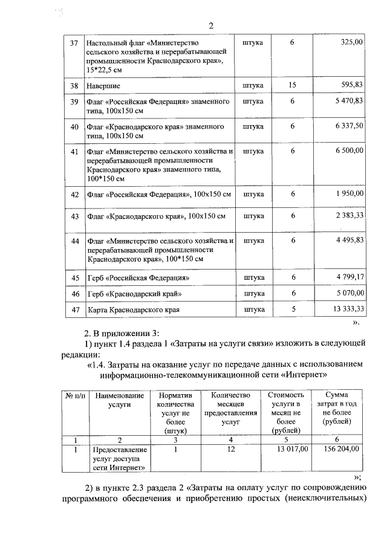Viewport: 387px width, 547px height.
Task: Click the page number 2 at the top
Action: [211, 25]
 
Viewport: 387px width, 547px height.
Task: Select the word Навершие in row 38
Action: [103, 86]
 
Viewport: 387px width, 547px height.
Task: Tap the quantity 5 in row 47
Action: [293, 309]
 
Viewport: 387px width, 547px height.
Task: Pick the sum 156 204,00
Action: [341, 449]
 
